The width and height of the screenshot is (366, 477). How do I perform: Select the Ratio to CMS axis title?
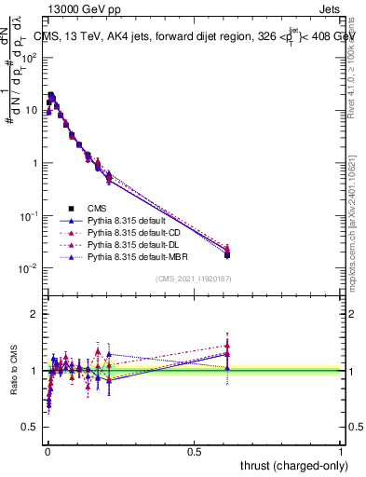14,371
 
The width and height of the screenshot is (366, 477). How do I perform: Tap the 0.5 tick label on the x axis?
194,450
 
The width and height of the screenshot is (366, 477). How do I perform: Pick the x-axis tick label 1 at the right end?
341,450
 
